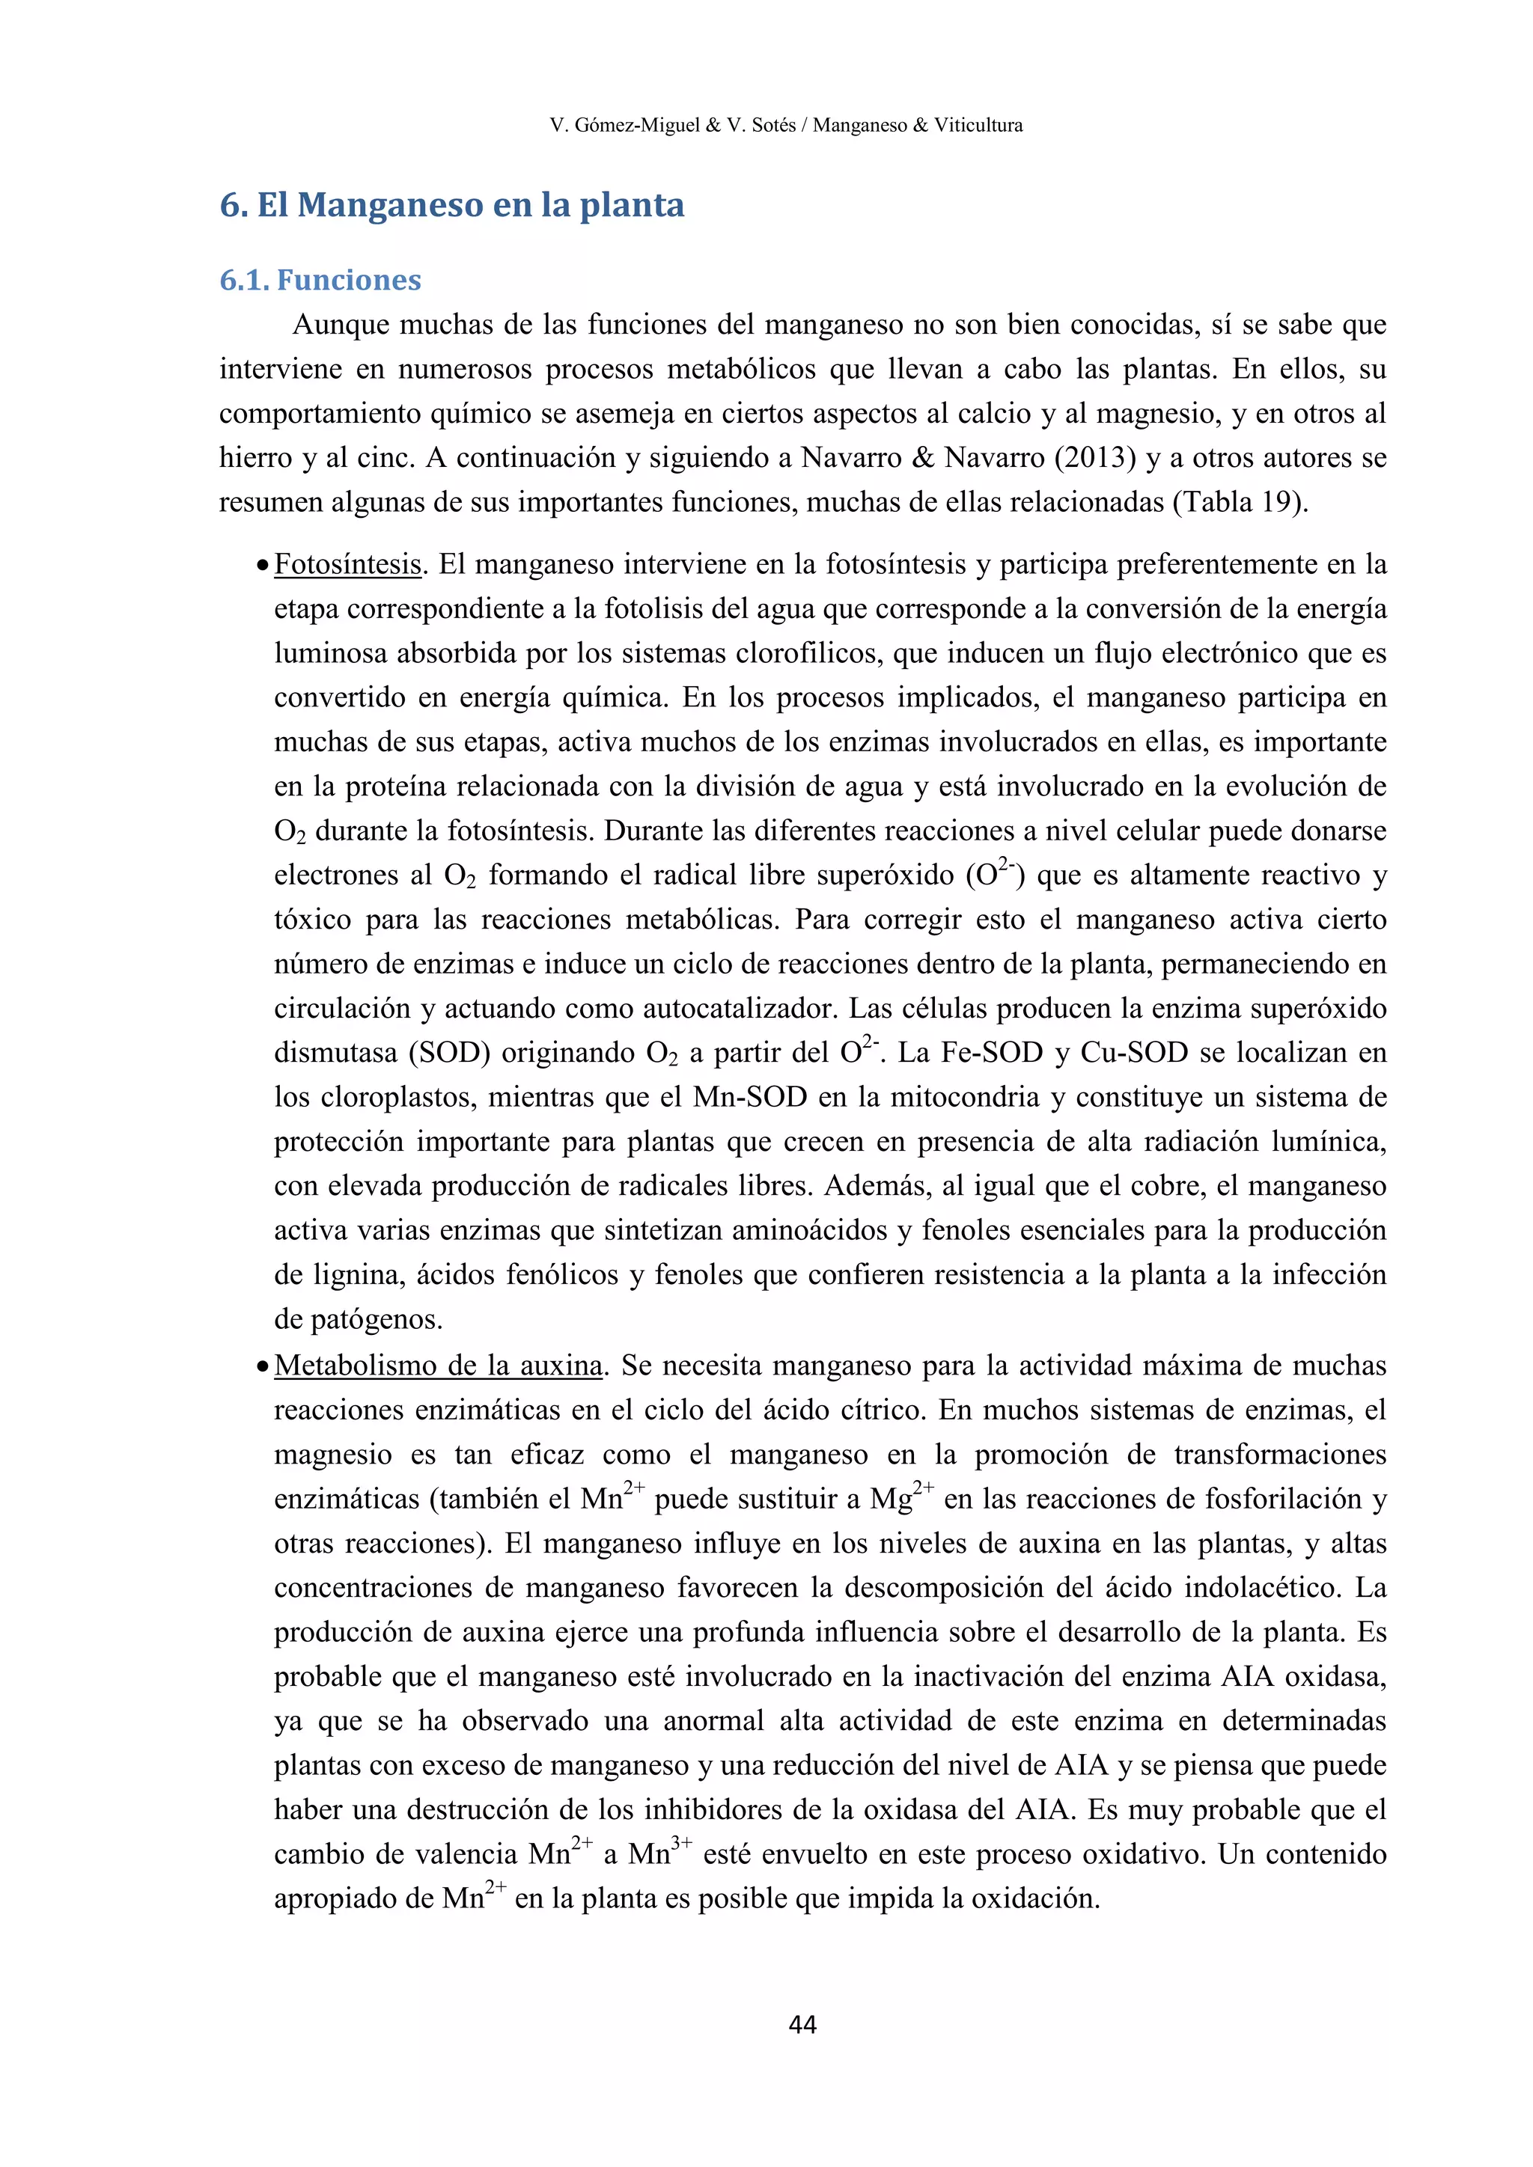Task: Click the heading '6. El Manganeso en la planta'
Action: (x=452, y=205)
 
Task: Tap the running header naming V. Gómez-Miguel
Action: (x=785, y=124)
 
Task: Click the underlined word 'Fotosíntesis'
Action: (x=347, y=564)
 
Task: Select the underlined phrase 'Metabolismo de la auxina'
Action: (x=439, y=1366)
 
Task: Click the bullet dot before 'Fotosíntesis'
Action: (x=263, y=566)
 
